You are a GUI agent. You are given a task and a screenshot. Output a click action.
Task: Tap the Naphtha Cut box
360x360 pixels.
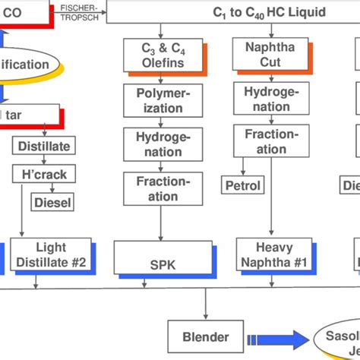[260, 55]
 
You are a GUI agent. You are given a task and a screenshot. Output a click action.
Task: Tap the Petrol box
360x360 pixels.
[242, 185]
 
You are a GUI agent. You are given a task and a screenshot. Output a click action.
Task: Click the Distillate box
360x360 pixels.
[43, 144]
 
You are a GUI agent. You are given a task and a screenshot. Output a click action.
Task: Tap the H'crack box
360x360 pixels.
[43, 174]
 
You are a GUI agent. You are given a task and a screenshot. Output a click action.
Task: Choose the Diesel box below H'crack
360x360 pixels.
[52, 202]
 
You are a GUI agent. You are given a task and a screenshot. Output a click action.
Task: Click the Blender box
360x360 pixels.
[204, 336]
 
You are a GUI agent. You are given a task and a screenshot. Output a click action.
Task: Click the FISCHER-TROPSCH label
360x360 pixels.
[78, 11]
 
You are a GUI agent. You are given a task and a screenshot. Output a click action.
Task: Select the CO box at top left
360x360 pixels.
[23, 13]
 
